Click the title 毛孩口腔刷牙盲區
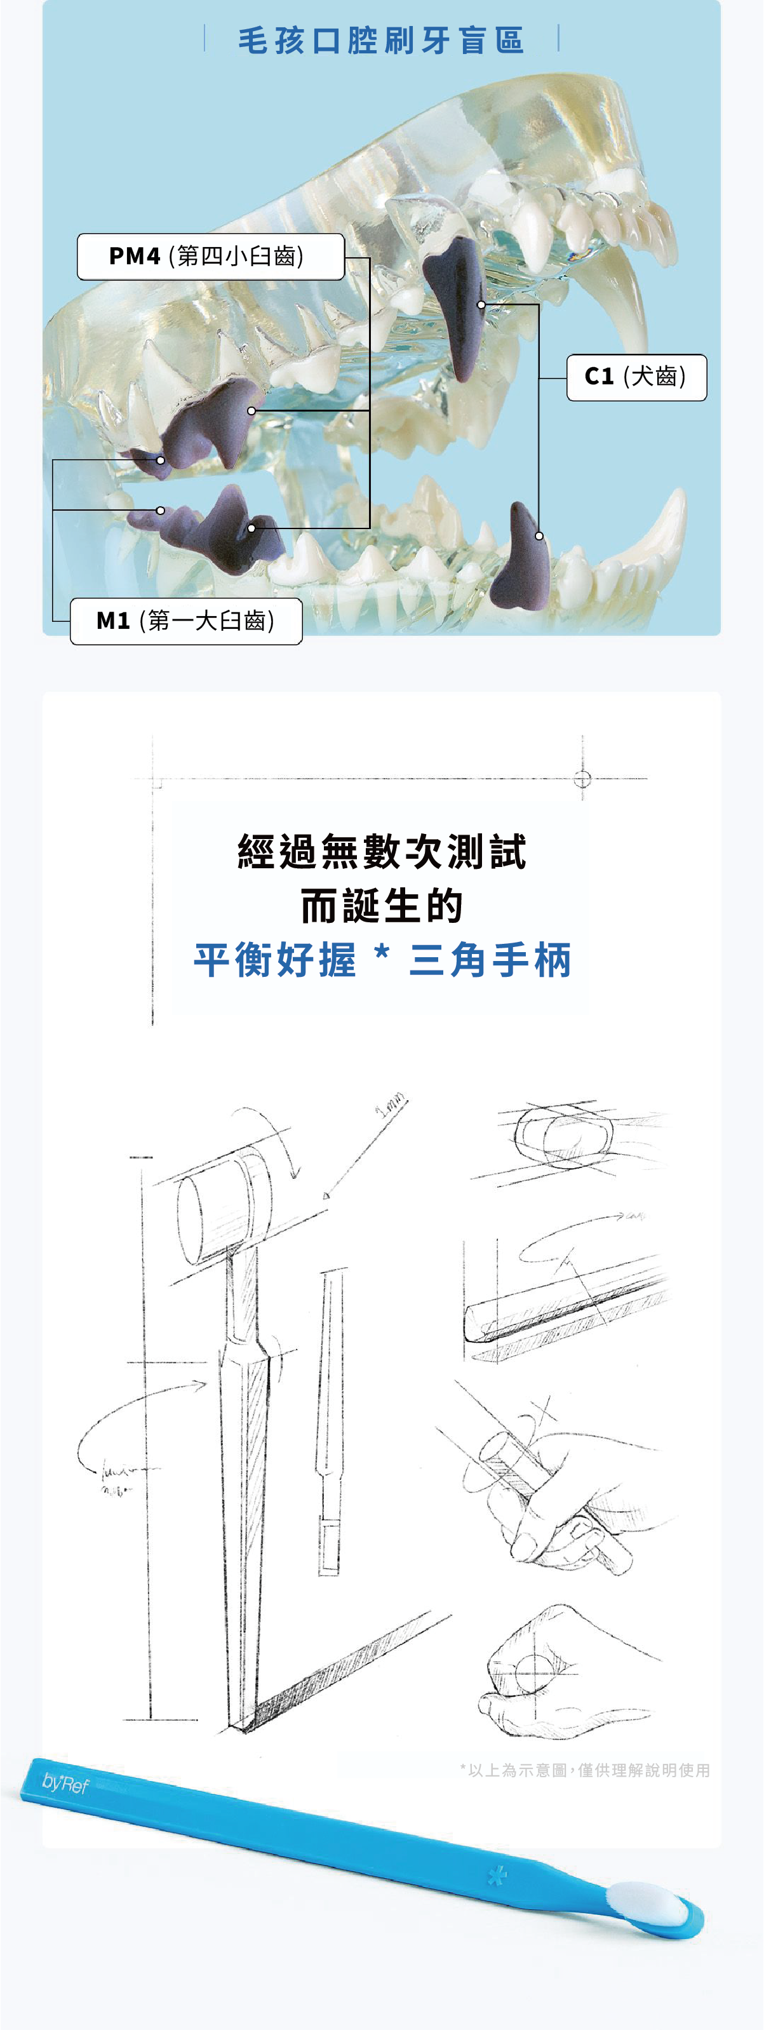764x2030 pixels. tap(381, 40)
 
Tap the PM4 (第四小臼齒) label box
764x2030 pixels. tap(210, 257)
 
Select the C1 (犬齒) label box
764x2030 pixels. tap(636, 377)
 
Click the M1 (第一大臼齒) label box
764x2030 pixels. tap(186, 621)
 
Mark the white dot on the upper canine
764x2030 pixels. tap(481, 304)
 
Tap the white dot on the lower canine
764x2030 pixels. tap(539, 536)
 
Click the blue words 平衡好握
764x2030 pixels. tap(275, 960)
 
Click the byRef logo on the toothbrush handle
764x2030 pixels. tap(65, 1784)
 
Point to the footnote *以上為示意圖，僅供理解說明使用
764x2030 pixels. tap(585, 1771)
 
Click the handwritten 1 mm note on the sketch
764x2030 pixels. tap(391, 1105)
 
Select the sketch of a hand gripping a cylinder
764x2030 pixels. tap(551, 1481)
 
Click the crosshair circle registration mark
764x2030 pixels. tap(582, 779)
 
